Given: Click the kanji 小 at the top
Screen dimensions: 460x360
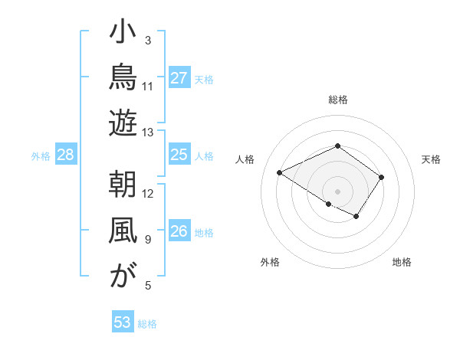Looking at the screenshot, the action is pos(123,31).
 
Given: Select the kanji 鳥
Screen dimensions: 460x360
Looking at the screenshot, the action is pos(123,77).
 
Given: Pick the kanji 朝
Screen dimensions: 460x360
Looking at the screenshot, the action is pos(123,184).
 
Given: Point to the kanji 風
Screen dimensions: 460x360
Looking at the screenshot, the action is pos(123,230).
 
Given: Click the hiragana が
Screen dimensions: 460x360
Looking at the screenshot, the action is pos(123,275).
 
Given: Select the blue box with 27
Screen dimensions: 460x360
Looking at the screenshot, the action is pos(179,77).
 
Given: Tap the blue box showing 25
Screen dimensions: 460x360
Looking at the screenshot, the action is pos(179,154).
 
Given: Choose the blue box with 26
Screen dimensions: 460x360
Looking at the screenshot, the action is pos(179,230).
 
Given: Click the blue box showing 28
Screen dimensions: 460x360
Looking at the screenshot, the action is pos(66,154).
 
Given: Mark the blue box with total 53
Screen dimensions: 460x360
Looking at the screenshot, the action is pos(123,321).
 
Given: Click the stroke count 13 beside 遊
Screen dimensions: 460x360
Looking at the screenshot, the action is pos(147,133).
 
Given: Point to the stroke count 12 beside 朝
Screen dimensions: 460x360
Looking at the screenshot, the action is pos(147,194).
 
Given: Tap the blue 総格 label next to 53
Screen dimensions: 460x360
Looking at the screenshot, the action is pos(147,324).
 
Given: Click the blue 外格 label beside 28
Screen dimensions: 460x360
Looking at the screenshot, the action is pos(41,156).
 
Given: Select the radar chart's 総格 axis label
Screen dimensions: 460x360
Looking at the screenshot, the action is pos(338,100).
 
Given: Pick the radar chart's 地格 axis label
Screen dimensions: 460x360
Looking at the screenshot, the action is pos(402,262).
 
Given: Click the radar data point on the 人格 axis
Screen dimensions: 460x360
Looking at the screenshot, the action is pos(280,172).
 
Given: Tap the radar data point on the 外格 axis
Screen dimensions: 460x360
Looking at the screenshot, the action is pos(329,204).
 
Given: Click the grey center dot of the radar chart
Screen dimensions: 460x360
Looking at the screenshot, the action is pos(337,191).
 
